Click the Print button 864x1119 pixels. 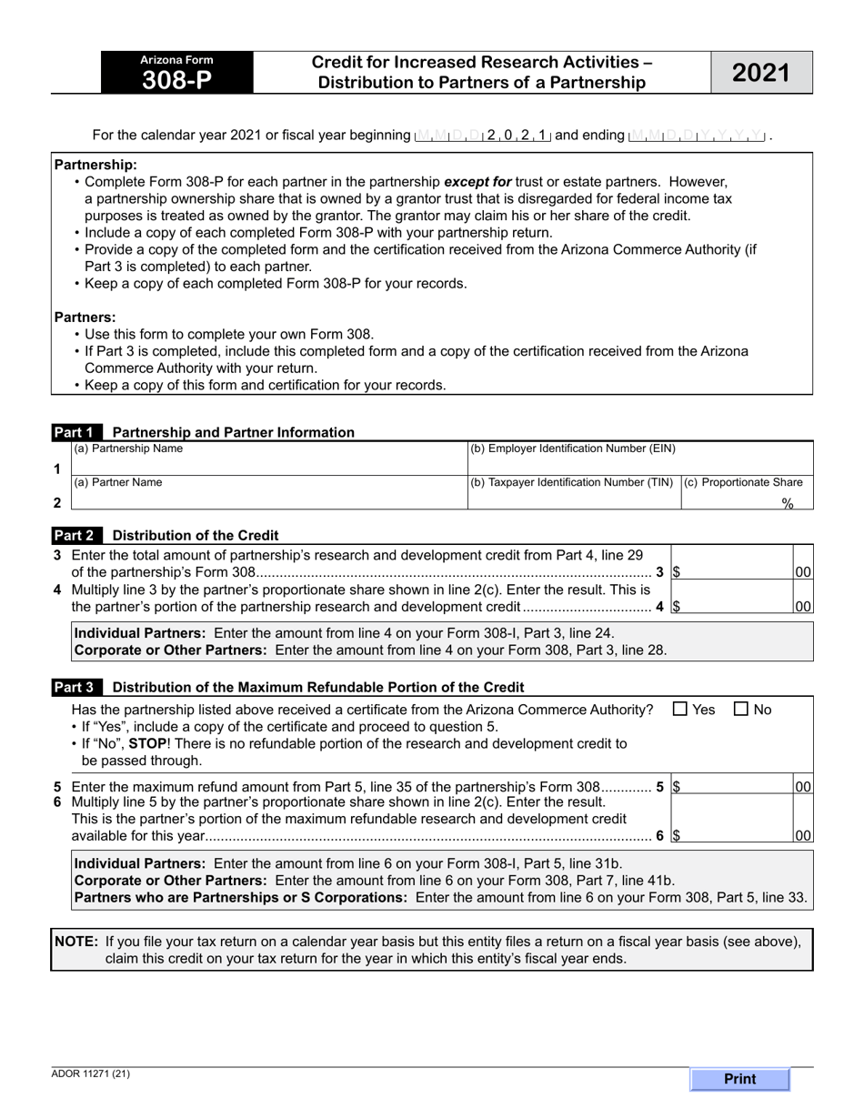pyautogui.click(x=739, y=1079)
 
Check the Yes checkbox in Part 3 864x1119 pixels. pyautogui.click(x=680, y=710)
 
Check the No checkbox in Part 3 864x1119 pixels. pyautogui.click(x=740, y=710)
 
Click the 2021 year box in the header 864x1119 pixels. pyautogui.click(x=761, y=73)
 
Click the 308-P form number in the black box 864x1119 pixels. pyautogui.click(x=176, y=81)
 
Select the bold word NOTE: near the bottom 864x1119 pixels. pyautogui.click(x=76, y=942)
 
